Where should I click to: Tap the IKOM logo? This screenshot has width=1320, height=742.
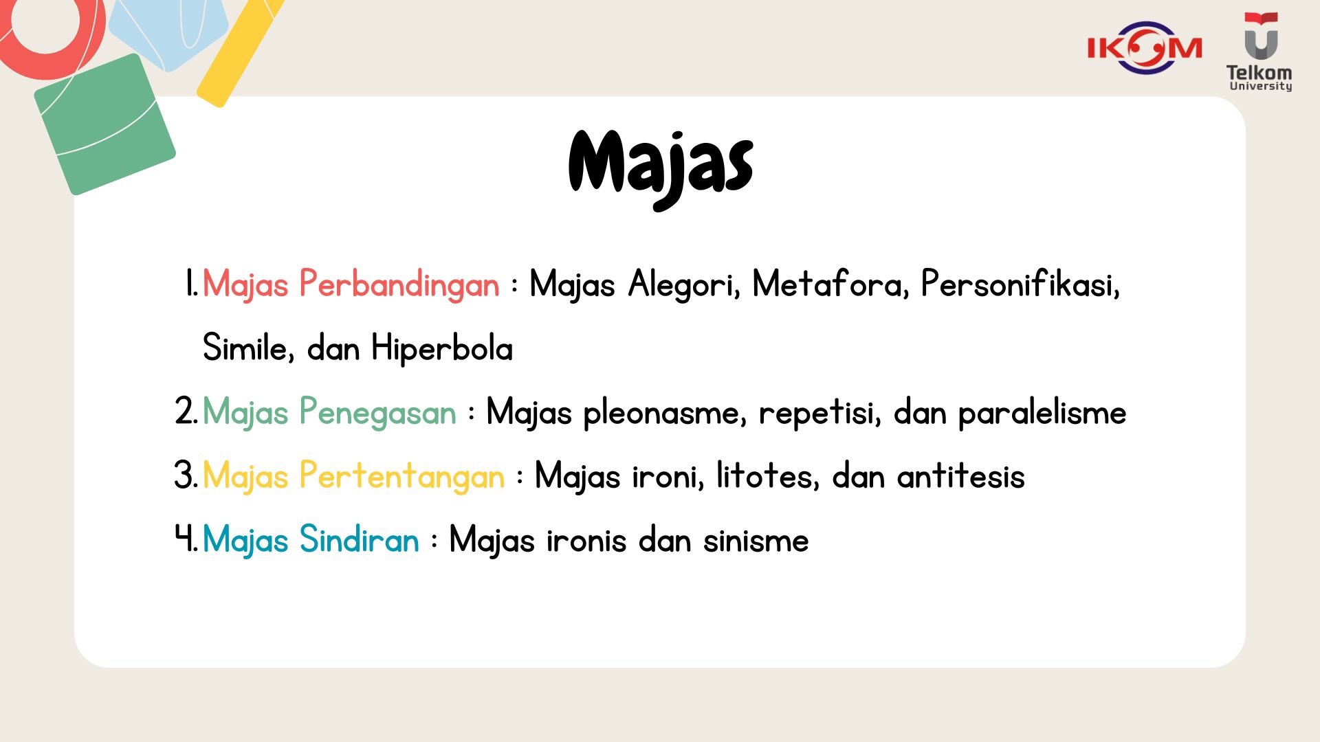[1145, 47]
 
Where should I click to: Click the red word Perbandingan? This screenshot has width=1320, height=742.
[399, 284]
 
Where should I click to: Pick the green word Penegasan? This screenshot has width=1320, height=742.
[377, 413]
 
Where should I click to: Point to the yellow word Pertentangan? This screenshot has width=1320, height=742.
[402, 476]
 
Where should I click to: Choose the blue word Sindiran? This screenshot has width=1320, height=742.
[359, 539]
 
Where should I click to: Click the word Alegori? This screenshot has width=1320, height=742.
[684, 284]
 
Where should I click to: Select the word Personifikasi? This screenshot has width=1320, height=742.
[1020, 283]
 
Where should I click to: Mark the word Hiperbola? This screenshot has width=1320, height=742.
[442, 348]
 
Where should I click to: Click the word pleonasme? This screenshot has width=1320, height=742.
[664, 413]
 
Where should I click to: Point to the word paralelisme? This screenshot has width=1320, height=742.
[1042, 413]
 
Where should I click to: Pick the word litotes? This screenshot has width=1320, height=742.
[768, 475]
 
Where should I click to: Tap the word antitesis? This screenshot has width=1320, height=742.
[960, 475]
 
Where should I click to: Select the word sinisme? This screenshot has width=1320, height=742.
[756, 540]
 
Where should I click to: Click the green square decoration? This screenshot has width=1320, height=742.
[104, 124]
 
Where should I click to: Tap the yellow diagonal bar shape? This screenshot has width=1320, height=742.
[240, 51]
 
